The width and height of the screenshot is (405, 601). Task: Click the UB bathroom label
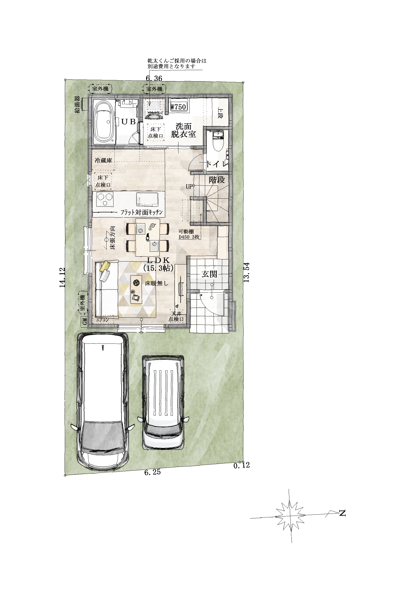tap(128, 122)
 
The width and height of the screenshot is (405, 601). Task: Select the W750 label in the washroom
tap(178, 107)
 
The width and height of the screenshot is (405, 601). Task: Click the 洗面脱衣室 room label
tap(183, 130)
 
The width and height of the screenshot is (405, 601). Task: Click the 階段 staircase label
tap(217, 180)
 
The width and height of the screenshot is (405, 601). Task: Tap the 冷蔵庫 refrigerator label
tap(103, 160)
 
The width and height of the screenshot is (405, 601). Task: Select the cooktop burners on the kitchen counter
tap(105, 199)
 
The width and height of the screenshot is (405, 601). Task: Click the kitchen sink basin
tap(147, 199)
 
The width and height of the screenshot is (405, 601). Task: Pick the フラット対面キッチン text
tap(142, 212)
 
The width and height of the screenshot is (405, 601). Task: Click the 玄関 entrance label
tap(209, 274)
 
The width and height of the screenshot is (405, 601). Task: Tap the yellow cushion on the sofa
tap(105, 266)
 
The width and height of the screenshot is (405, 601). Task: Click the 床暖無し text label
tap(156, 283)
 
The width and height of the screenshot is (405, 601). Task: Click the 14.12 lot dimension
tap(62, 277)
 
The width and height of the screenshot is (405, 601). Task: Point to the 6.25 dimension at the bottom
tap(152, 472)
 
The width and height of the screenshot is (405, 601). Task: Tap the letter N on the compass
tap(342, 513)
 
